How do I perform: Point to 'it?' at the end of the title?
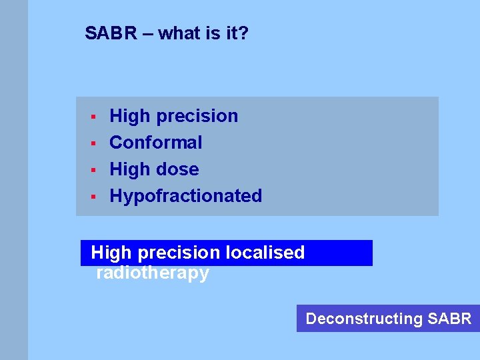(237, 33)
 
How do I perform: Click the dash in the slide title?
(146, 33)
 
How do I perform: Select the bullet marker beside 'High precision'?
(94, 117)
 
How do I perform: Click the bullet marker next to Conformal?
(94, 143)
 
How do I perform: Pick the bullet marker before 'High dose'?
(94, 170)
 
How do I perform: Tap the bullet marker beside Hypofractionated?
(94, 197)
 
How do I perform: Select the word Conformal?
(155, 143)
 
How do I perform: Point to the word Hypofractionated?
(185, 196)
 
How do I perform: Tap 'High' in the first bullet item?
(129, 116)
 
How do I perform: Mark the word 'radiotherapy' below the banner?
(153, 273)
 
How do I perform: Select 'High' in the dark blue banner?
(111, 253)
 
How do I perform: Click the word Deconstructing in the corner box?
(364, 319)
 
